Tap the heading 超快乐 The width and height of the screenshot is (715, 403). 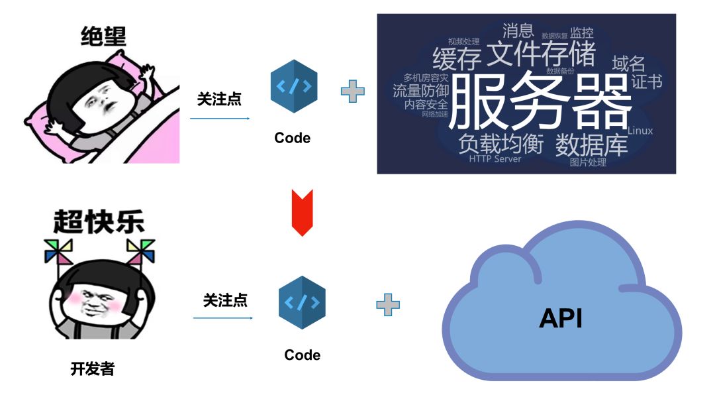99,222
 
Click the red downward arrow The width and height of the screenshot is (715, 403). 302,211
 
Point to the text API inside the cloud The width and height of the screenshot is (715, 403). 561,318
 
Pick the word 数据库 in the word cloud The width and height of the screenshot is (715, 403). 591,144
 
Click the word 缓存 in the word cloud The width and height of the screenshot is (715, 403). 457,59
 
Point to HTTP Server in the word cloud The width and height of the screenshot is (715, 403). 495,159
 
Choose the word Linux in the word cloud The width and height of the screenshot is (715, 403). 640,131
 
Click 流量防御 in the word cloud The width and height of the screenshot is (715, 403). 420,91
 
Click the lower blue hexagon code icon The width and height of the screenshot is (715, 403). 303,303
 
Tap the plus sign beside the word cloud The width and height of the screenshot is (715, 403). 352,90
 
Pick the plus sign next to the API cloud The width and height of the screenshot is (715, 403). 388,304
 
